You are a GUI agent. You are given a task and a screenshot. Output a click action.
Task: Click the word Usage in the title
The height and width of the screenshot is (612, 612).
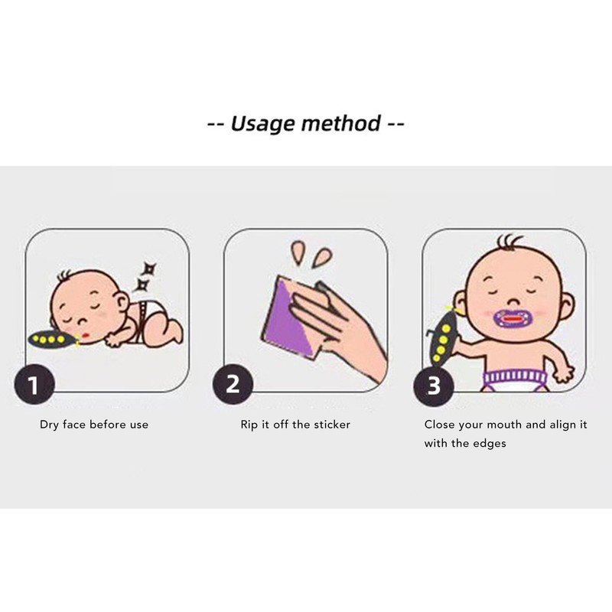(262, 124)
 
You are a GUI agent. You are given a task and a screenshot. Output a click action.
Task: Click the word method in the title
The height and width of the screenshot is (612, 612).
(340, 123)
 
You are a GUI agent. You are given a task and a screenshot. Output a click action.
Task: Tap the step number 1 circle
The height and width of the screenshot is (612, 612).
(34, 385)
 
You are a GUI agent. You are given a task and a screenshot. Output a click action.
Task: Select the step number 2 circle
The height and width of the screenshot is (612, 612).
(233, 384)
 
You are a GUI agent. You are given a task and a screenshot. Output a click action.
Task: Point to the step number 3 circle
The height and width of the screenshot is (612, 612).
(434, 386)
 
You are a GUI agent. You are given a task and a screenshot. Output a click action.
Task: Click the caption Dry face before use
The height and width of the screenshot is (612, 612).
(94, 425)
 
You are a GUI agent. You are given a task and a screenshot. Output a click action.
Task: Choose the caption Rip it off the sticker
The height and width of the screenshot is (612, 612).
(295, 425)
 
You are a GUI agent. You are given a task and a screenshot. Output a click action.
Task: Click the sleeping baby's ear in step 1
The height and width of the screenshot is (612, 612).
(122, 301)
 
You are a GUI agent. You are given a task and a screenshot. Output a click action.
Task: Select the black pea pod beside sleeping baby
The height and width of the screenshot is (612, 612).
(52, 339)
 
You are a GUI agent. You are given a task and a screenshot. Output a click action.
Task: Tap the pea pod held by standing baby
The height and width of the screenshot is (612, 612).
(443, 337)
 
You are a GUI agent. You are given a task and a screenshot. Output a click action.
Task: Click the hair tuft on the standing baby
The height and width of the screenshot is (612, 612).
(509, 243)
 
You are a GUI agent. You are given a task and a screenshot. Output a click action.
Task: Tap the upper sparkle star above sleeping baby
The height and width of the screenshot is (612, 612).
(149, 269)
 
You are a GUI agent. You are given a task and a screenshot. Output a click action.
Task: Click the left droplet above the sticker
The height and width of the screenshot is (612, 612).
(298, 252)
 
